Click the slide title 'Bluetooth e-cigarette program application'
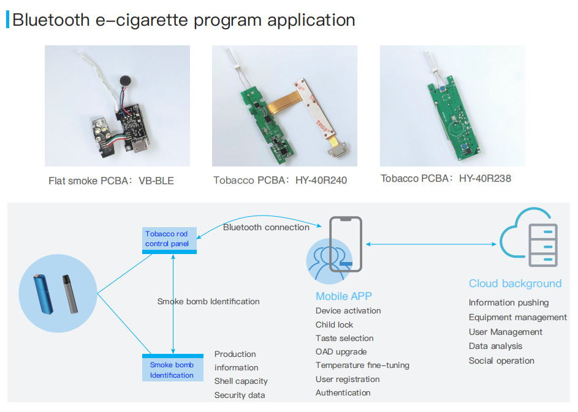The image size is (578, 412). coord(183,20)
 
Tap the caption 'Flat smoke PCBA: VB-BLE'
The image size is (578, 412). coord(111,181)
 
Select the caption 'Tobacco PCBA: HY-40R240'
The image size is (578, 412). coord(280,181)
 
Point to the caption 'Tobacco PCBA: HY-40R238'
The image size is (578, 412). coord(446,179)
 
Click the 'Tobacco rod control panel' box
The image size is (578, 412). coord(169,239)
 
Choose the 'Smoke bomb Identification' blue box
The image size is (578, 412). coord(172,369)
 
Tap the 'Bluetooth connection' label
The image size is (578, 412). coord(266,227)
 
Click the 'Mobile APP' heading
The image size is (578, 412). coord(344,296)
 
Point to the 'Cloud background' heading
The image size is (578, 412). coord(515,283)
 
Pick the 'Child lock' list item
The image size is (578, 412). coord(334,324)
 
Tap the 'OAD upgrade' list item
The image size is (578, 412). coord(341,351)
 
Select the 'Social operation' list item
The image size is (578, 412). coord(501,361)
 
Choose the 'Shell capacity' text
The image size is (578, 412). coord(241,381)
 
